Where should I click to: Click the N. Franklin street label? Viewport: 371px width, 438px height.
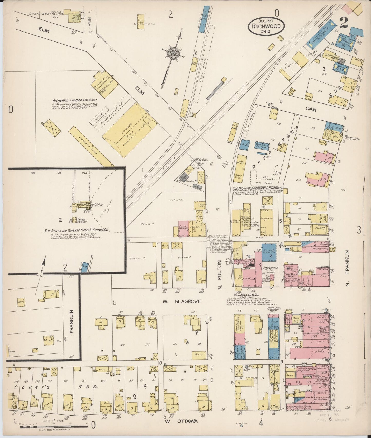348,265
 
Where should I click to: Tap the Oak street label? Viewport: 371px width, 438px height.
311,110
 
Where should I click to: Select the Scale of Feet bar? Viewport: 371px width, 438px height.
54,427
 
